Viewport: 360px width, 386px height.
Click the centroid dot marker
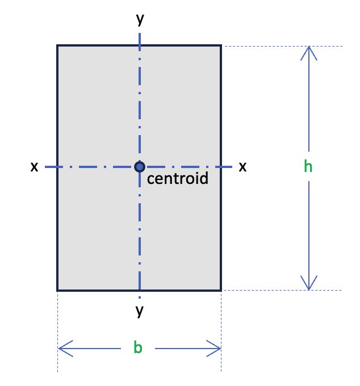(140, 167)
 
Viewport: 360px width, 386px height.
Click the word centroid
(178, 178)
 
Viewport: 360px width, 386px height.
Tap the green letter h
(308, 166)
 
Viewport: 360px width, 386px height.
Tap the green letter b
(138, 347)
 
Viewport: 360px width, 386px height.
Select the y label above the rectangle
(140, 19)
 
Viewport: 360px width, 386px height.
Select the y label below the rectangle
(139, 311)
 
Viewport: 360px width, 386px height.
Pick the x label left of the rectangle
(34, 167)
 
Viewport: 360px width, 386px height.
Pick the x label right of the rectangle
(242, 167)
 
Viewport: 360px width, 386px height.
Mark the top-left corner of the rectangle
(57, 45)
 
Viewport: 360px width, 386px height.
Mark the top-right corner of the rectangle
(221, 45)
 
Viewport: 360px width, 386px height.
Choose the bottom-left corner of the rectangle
(57, 291)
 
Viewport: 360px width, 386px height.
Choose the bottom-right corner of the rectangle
(221, 291)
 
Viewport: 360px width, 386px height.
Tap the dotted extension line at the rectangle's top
(282, 46)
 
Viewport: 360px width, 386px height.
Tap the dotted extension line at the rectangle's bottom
(282, 290)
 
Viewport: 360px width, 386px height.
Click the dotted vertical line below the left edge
(57, 332)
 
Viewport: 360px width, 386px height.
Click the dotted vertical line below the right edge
(221, 332)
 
